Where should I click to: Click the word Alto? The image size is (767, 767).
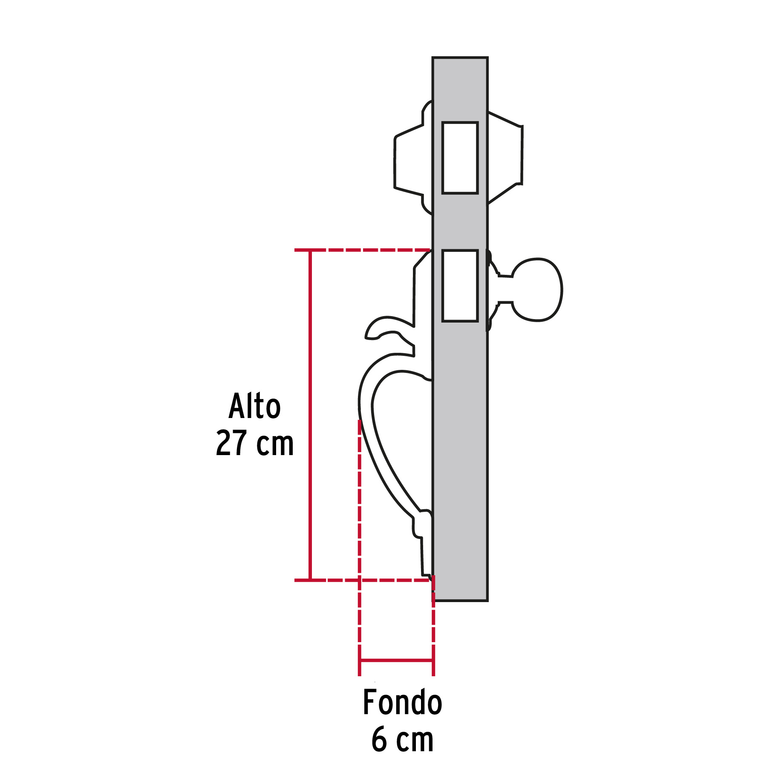pos(255,406)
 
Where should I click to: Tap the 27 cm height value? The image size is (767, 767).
pos(255,443)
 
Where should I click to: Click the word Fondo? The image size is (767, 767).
pos(402,702)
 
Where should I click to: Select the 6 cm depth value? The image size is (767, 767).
pos(402,740)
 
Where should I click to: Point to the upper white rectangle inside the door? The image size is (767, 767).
pos(460,158)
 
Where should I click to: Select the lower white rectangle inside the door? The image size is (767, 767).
pos(460,285)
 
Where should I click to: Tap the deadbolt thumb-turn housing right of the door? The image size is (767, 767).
pos(505,156)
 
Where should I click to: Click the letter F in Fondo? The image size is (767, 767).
pos(370,702)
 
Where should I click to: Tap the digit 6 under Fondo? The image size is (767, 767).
pos(379,740)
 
